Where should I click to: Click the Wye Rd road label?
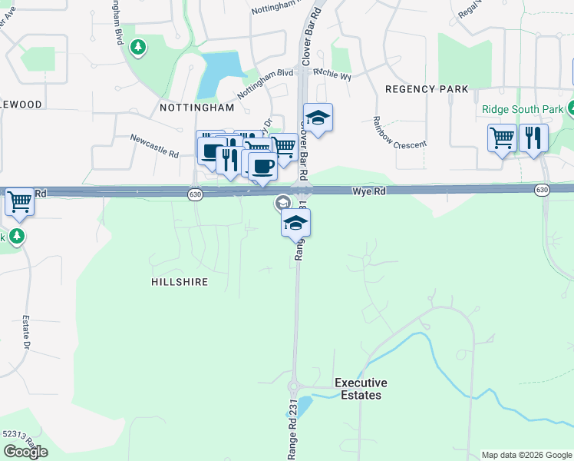click(x=368, y=191)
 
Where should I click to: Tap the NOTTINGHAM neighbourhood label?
click(x=196, y=108)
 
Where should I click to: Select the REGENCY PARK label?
click(x=427, y=89)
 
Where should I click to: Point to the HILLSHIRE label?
click(x=180, y=282)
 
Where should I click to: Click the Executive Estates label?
click(x=361, y=389)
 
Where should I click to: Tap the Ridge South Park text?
click(x=522, y=109)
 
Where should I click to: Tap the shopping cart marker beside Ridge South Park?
click(x=502, y=138)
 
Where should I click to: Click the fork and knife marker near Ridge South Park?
click(x=533, y=138)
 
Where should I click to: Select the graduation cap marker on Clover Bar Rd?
click(x=318, y=118)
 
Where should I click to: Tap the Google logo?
click(x=25, y=452)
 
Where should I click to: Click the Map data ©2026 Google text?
click(x=526, y=455)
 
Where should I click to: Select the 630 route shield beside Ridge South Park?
click(x=543, y=190)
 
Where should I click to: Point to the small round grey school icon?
click(x=282, y=203)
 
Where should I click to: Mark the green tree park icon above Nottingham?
click(x=138, y=48)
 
